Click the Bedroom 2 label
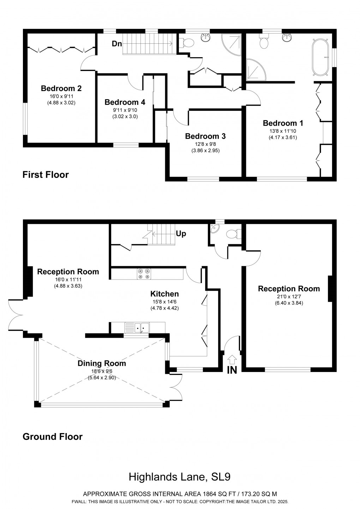61,88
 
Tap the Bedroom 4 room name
125,102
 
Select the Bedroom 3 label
205,136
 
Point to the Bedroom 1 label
283,123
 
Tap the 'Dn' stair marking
117,44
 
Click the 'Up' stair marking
181,234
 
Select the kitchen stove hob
144,274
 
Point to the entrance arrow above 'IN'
232,360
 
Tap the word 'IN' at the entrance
232,370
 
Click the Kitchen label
164,294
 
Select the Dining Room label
102,363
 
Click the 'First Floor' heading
46,174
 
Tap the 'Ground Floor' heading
52,437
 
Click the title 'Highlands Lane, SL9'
179,477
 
